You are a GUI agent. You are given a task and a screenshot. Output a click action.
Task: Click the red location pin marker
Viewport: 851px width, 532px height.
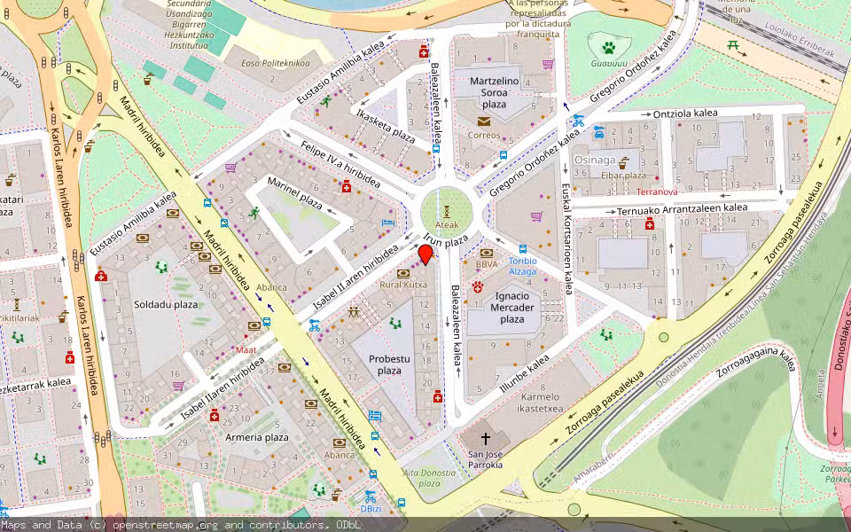(425, 254)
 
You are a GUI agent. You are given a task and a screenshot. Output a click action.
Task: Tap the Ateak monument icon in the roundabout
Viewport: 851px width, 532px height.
(448, 211)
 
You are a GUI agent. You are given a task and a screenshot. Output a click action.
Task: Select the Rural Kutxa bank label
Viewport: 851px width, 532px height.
(403, 285)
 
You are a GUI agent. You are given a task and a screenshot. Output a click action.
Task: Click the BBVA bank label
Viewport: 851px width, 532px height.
(486, 264)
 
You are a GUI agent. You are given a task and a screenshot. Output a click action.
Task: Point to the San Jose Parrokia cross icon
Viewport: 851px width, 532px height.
(486, 439)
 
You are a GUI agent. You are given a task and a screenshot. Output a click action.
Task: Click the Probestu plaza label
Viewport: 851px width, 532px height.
(389, 364)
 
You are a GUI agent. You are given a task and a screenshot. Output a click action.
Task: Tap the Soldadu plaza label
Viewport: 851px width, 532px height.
(166, 304)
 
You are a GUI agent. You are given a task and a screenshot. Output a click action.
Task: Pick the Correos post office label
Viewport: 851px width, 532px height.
(484, 136)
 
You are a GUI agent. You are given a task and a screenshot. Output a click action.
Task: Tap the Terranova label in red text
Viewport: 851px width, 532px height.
(657, 192)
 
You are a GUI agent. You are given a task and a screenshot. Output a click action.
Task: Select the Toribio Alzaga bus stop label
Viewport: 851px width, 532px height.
(523, 266)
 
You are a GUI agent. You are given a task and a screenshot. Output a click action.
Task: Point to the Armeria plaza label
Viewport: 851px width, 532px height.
(257, 437)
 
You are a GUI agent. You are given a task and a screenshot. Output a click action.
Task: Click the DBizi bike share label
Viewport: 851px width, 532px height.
(371, 509)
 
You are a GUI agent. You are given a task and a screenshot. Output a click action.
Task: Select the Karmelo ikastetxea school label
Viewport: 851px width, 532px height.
(542, 403)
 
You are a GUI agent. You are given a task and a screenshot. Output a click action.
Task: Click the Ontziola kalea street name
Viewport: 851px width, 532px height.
(685, 113)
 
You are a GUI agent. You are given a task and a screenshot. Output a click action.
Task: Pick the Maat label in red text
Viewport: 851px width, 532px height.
(221, 349)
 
